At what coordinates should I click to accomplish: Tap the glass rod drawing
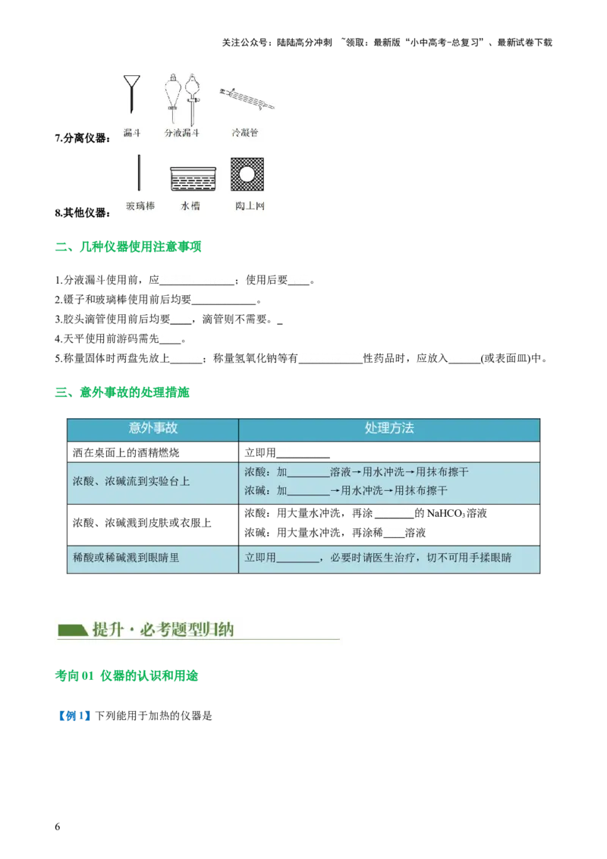(x=140, y=173)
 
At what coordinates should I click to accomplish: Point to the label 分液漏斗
(x=182, y=133)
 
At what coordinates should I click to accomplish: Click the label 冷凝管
(x=245, y=133)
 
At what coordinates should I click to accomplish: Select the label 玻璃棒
(x=140, y=206)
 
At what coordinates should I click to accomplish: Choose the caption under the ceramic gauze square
(x=248, y=206)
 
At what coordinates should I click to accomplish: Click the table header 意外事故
(x=153, y=428)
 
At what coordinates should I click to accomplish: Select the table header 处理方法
(x=389, y=428)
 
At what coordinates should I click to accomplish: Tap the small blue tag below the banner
(x=74, y=716)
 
